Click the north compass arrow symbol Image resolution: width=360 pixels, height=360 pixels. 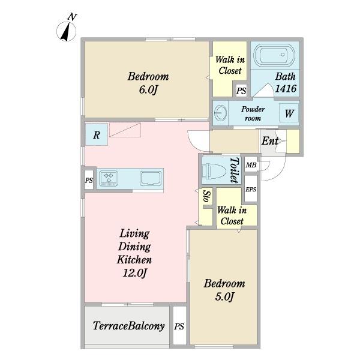pyautogui.click(x=66, y=32)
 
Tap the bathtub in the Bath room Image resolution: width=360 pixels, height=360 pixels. pyautogui.click(x=274, y=55)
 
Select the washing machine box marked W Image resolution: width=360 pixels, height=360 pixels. pyautogui.click(x=289, y=113)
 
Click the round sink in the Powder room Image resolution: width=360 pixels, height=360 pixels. pyautogui.click(x=220, y=113)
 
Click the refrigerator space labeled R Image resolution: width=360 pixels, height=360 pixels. pyautogui.click(x=97, y=134)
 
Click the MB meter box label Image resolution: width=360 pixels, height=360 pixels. pyautogui.click(x=251, y=165)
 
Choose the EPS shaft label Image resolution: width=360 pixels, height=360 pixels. pyautogui.click(x=251, y=190)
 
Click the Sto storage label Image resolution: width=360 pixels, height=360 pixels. pyautogui.click(x=207, y=197)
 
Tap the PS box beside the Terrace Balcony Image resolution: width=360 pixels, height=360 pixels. pyautogui.click(x=179, y=326)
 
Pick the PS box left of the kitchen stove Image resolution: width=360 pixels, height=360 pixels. pyautogui.click(x=89, y=180)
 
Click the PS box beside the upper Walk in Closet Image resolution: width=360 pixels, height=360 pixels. pyautogui.click(x=241, y=91)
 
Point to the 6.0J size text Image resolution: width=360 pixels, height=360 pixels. pyautogui.click(x=148, y=90)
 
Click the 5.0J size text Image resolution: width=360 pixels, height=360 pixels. pyautogui.click(x=224, y=296)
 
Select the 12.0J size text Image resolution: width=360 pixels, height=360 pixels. pyautogui.click(x=134, y=273)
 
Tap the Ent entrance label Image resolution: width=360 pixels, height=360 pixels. pyautogui.click(x=270, y=140)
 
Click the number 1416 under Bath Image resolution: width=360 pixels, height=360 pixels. pyautogui.click(x=286, y=88)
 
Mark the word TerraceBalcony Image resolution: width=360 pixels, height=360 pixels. pyautogui.click(x=128, y=326)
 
